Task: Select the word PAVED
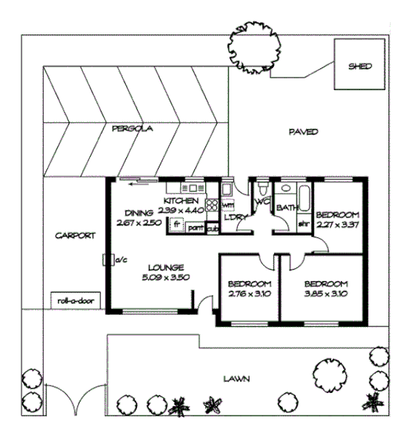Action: coord(302,131)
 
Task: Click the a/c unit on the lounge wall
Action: coord(107,260)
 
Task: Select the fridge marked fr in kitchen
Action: coord(178,224)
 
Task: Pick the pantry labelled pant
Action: coord(196,228)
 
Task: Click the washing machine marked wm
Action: coord(229,205)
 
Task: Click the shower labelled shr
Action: coord(302,223)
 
